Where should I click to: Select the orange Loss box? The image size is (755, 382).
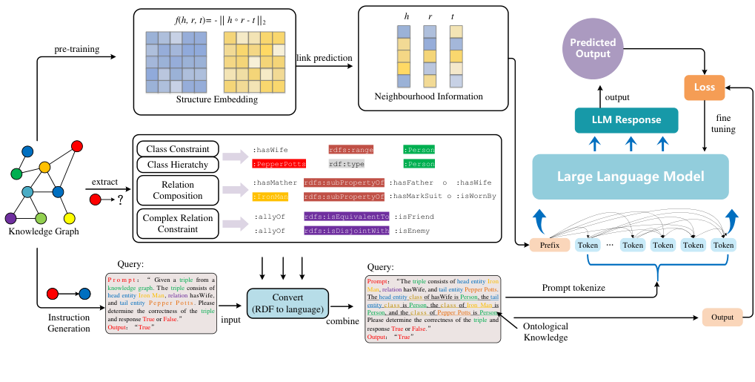point(705,88)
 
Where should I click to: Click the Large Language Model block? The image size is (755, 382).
point(630,177)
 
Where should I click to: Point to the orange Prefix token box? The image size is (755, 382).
point(549,245)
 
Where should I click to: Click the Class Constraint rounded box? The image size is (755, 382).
point(177,149)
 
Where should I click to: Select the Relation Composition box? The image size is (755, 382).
point(177,190)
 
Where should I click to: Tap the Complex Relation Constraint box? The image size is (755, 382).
point(177,223)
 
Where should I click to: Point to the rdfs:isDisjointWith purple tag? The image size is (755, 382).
point(346,231)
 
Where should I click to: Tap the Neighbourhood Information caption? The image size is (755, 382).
point(430,97)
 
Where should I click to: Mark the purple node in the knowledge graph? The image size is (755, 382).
point(10,218)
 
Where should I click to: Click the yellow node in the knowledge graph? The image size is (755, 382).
point(70,218)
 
